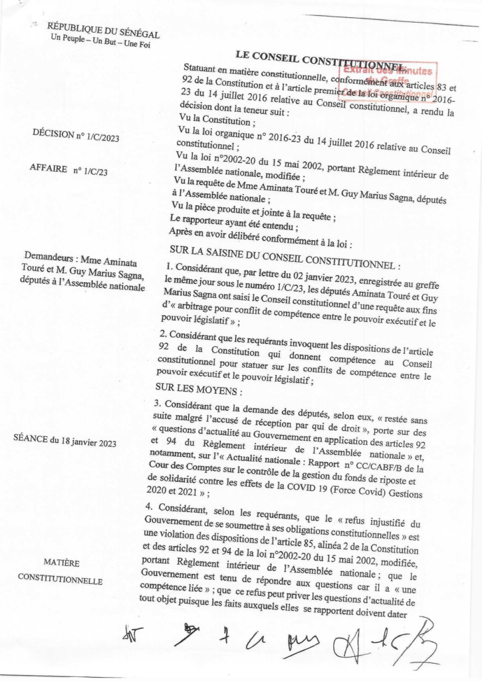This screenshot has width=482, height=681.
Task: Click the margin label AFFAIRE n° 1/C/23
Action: point(69,170)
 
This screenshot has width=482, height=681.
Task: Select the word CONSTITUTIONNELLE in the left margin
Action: point(60,580)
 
